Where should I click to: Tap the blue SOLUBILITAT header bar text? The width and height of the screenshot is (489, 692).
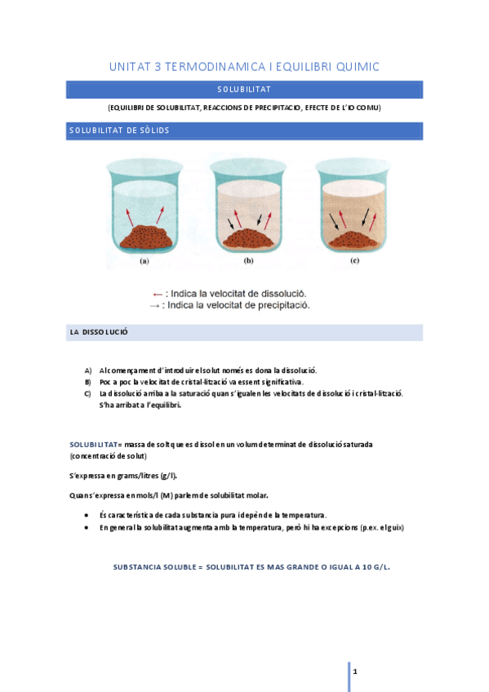244,90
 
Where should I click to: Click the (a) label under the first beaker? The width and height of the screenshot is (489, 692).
144,262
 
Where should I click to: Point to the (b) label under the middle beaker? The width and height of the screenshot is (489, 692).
248,262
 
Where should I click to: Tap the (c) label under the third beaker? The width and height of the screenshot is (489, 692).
354,262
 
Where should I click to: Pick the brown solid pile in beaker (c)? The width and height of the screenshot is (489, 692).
354,238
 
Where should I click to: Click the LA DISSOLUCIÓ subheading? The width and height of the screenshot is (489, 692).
99,333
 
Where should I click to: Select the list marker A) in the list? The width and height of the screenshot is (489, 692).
88,370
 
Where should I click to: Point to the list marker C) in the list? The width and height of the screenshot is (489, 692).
88,393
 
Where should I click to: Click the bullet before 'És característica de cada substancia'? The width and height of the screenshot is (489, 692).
87,516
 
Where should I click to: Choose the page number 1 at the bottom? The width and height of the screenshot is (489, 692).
355,671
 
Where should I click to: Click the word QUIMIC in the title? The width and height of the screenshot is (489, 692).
353,66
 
